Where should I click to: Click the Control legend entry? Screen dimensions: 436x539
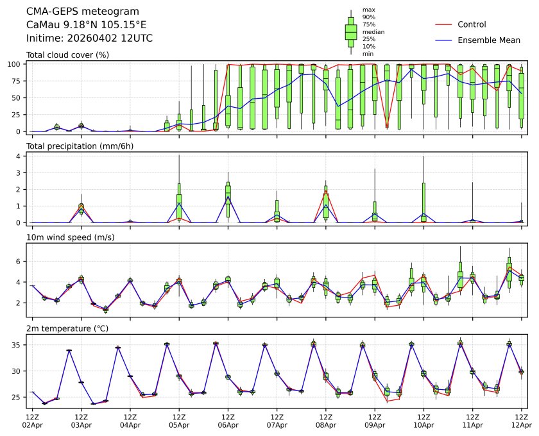472,25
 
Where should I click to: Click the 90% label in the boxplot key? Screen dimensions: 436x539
369,17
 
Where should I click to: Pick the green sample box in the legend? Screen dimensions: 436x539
351,31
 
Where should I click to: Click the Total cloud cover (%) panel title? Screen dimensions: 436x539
67,55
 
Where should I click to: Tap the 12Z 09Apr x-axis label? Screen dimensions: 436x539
375,421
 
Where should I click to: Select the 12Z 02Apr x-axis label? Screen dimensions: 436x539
32,421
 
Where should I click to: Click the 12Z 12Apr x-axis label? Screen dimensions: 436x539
521,421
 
